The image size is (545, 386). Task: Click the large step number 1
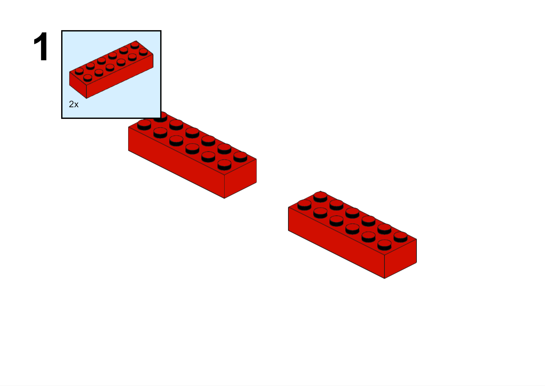pyautogui.click(x=41, y=46)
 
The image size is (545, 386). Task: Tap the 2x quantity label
pyautogui.click(x=74, y=104)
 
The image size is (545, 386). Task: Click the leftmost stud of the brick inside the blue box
pyautogui.click(x=79, y=71)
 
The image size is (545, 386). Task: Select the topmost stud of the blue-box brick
pyautogui.click(x=135, y=45)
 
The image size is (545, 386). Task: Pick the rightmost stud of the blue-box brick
pyautogui.click(x=143, y=52)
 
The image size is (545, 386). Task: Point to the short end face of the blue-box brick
pyautogui.click(x=78, y=85)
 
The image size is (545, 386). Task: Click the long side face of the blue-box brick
pyautogui.click(x=120, y=76)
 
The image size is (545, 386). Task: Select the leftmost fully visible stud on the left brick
pyautogui.click(x=144, y=125)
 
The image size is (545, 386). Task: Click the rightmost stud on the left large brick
pyautogui.click(x=240, y=157)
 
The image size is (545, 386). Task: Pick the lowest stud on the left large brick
pyautogui.click(x=224, y=165)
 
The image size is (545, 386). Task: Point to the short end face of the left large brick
pyautogui.click(x=240, y=179)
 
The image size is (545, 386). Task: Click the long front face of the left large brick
pyautogui.click(x=176, y=163)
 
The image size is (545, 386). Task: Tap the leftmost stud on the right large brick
pyautogui.click(x=304, y=205)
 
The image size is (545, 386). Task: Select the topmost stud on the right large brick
pyautogui.click(x=320, y=197)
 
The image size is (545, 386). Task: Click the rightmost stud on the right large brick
pyautogui.click(x=400, y=237)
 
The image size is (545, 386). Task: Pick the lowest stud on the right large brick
pyautogui.click(x=384, y=245)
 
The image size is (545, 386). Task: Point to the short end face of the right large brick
pyautogui.click(x=400, y=259)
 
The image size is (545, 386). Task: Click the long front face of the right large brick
pyautogui.click(x=337, y=243)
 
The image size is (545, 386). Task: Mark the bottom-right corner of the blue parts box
pyautogui.click(x=161, y=118)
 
